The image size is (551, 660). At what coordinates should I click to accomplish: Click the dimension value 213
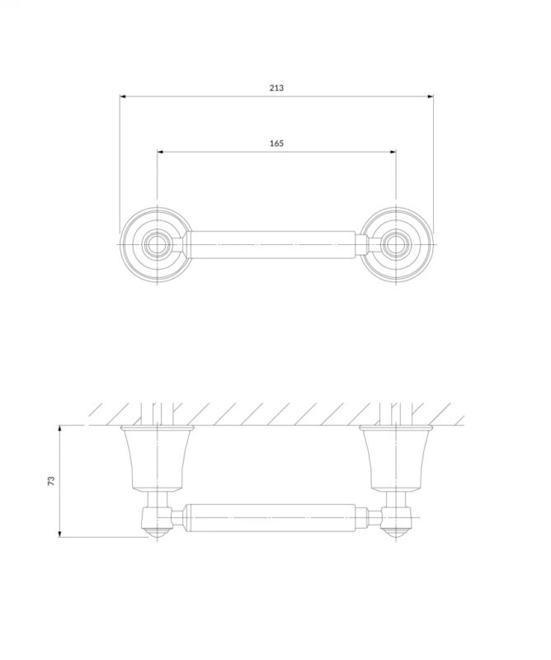pyautogui.click(x=276, y=88)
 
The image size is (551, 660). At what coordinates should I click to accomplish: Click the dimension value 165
pyautogui.click(x=276, y=144)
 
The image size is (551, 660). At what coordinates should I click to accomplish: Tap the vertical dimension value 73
pyautogui.click(x=51, y=481)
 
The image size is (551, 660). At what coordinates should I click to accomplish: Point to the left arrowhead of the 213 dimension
pyautogui.click(x=123, y=97)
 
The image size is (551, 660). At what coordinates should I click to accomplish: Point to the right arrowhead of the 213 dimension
pyautogui.click(x=431, y=97)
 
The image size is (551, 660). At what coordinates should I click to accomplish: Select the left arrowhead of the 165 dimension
pyautogui.click(x=160, y=152)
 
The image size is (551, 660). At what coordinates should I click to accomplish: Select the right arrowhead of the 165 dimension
pyautogui.click(x=393, y=152)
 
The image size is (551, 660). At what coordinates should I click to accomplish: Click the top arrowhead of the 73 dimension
pyautogui.click(x=59, y=428)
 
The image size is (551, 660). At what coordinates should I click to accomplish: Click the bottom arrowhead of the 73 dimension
pyautogui.click(x=59, y=534)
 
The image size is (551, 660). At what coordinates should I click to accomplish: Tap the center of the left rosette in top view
pyautogui.click(x=157, y=244)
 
